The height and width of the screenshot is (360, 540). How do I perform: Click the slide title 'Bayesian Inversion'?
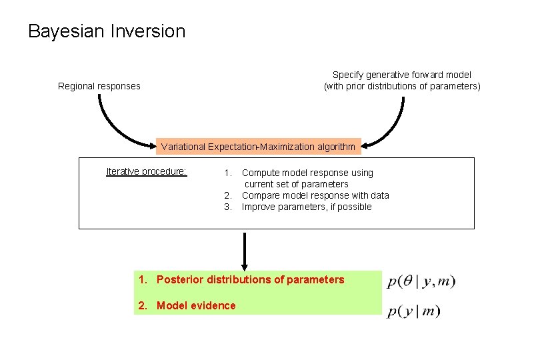pos(107,31)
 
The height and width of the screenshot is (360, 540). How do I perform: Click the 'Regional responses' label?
pos(99,86)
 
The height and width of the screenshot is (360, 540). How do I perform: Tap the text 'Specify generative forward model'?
pos(401,75)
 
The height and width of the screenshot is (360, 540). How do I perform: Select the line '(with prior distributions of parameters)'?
pos(401,86)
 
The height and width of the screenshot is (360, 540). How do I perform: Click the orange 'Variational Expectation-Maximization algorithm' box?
pos(258,146)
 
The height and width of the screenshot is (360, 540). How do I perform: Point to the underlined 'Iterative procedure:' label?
pos(147,171)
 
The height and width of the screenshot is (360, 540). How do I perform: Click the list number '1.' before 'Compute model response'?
pos(228,173)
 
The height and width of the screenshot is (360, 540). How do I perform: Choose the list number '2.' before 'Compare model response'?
pos(228,195)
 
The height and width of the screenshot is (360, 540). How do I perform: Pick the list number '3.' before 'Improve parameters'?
pos(228,207)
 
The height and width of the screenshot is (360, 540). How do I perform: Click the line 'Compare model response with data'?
pos(315,195)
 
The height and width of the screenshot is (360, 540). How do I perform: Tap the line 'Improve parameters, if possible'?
pos(307,207)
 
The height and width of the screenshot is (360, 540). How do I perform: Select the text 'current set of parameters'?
pos(297,184)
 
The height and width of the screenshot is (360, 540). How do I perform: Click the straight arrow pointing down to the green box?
pos(245,250)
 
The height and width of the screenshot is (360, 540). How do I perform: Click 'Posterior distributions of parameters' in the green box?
pos(250,280)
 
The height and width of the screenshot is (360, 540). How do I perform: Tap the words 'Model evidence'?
pos(196,305)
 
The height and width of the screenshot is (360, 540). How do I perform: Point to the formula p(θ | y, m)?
pos(421,282)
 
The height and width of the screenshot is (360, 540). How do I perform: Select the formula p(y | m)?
pos(414,311)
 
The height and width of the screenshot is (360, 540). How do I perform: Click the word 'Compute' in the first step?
pos(260,173)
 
